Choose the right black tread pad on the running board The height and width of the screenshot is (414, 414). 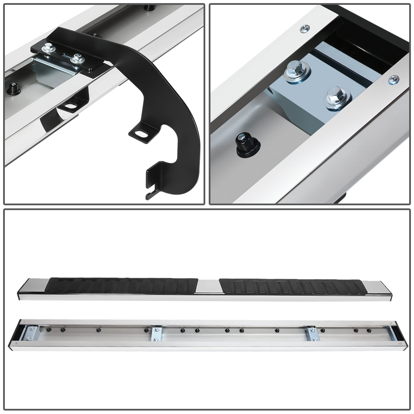pos(292,286)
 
